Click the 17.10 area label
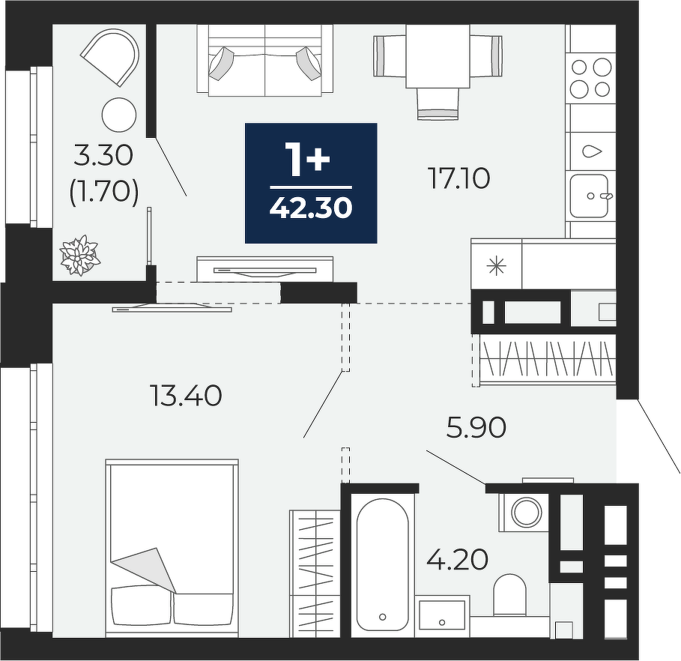click(459, 178)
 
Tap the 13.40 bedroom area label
click(186, 396)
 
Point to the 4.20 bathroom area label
click(457, 559)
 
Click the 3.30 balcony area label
click(103, 155)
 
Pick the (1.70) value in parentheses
click(104, 191)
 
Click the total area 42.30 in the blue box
click(311, 208)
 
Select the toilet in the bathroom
click(509, 595)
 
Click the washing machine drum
click(527, 512)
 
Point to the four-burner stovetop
click(590, 78)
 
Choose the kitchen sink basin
click(589, 196)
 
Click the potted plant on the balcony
click(79, 255)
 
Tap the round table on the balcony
click(119, 115)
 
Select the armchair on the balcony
click(111, 56)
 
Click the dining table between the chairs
click(438, 56)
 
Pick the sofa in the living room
click(265, 59)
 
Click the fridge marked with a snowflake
click(497, 265)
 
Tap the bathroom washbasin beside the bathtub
click(442, 616)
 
